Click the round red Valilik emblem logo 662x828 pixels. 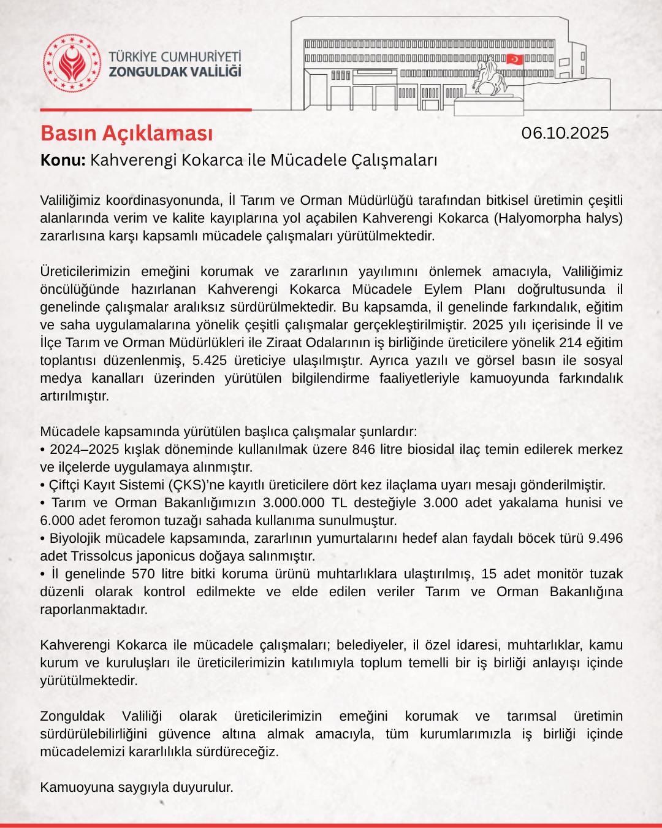(x=71, y=63)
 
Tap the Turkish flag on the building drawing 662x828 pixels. (x=514, y=59)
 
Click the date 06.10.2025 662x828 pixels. (x=565, y=133)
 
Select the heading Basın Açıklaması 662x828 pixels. (x=127, y=132)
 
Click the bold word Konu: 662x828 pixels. (x=63, y=161)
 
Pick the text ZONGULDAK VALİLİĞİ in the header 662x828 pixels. (x=175, y=72)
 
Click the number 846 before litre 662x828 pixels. (x=366, y=449)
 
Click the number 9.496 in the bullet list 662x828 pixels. (x=605, y=539)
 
